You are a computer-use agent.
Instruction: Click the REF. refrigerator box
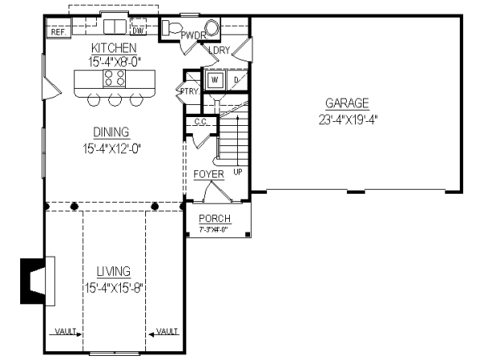(x=57, y=32)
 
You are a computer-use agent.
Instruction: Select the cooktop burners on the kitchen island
(x=114, y=79)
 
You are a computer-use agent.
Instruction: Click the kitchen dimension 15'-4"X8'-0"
(x=115, y=60)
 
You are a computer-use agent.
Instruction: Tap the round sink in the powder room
(x=212, y=28)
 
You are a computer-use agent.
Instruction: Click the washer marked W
(x=215, y=79)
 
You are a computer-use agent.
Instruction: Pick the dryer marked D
(x=236, y=79)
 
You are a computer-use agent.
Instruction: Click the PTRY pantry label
(x=189, y=91)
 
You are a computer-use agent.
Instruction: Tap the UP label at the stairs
(x=237, y=172)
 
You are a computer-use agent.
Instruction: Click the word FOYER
(x=208, y=174)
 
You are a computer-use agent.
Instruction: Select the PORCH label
(x=215, y=219)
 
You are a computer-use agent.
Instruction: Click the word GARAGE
(x=347, y=103)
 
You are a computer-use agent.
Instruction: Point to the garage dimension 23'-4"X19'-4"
(x=348, y=119)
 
